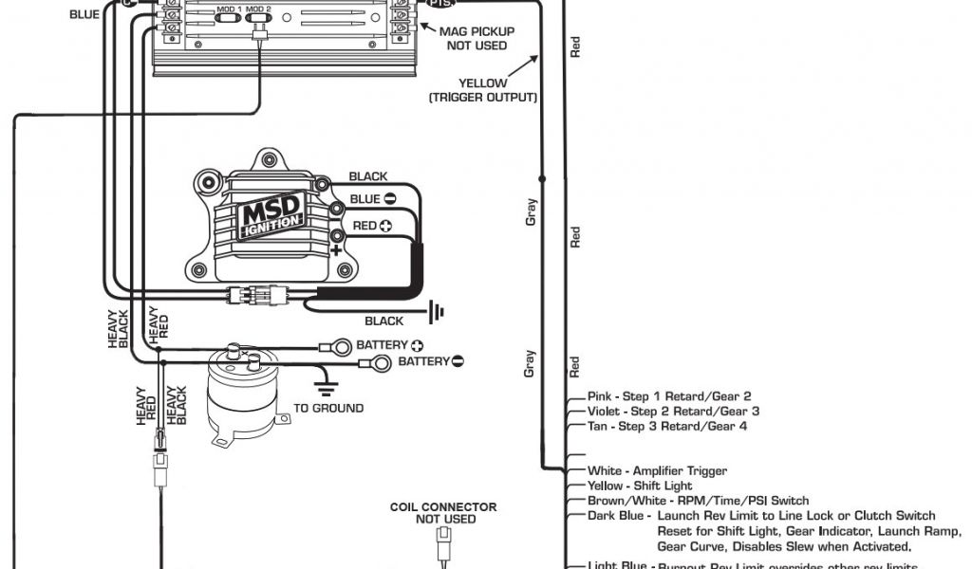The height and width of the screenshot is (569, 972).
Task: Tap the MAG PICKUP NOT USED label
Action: tap(477, 38)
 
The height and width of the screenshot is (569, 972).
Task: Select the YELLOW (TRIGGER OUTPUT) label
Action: tap(483, 90)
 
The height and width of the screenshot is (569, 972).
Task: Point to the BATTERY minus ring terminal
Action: tap(380, 362)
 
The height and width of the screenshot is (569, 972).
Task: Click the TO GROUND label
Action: tap(328, 409)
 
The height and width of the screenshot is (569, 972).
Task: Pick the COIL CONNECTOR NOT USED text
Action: tap(443, 513)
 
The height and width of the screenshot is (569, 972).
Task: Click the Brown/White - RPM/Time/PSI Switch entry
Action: tap(698, 501)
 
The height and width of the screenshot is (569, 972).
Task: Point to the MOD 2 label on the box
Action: tap(258, 9)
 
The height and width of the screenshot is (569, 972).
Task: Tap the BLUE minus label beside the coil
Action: tap(365, 199)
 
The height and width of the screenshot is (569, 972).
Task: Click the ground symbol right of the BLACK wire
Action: tap(438, 310)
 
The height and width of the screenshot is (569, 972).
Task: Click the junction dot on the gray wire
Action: tap(543, 177)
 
